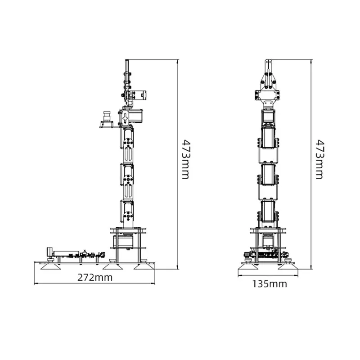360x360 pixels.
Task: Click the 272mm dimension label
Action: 95,278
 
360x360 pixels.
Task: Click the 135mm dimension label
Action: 270,284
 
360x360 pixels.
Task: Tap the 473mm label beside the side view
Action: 186,159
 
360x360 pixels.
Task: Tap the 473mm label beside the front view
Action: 319,159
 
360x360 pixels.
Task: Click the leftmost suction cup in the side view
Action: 51,266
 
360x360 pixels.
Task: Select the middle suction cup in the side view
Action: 112,266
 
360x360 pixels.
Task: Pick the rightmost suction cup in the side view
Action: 144,266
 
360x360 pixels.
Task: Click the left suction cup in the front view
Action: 248,266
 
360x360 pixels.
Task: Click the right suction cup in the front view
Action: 288,266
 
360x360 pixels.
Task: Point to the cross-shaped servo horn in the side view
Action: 126,118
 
